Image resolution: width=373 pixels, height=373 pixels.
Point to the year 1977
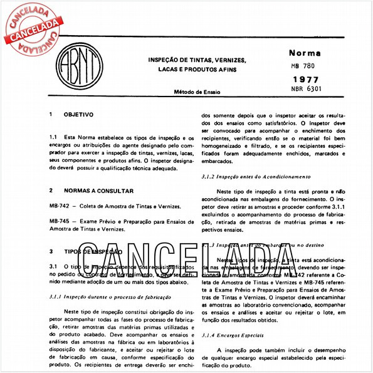click(x=305, y=80)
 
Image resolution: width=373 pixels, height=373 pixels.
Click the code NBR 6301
click(x=305, y=90)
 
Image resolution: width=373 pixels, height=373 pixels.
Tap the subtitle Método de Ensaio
click(x=197, y=92)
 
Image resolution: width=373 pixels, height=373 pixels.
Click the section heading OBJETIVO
click(x=78, y=115)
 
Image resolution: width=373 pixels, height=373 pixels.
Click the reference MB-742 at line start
click(x=58, y=206)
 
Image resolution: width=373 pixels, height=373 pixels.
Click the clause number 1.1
click(x=53, y=136)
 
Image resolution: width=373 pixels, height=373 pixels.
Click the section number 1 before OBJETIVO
click(x=50, y=115)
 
